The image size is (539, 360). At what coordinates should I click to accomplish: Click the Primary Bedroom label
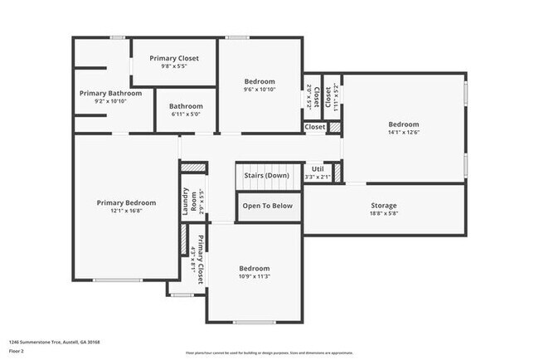tap(126, 202)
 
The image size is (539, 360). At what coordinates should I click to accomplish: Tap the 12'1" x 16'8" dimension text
tap(126, 212)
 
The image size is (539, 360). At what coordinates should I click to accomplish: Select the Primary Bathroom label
tap(110, 93)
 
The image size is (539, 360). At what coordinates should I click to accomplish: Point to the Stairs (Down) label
tap(265, 175)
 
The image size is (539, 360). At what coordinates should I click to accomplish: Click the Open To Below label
tap(267, 206)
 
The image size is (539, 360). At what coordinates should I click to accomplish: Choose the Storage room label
tap(383, 205)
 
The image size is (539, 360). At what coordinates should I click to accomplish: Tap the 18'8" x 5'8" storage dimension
tap(383, 214)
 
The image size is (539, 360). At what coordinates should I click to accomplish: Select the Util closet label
tap(318, 168)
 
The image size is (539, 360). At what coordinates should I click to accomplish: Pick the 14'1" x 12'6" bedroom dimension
tap(404, 133)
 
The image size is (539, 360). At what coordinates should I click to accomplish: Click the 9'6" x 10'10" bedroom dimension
tap(260, 90)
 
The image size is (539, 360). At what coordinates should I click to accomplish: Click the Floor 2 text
tap(17, 351)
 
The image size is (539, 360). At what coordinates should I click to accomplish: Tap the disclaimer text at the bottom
tap(269, 352)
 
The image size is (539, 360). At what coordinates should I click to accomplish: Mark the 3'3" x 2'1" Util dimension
tap(318, 177)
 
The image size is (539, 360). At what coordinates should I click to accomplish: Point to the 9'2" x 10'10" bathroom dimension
tap(110, 101)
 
